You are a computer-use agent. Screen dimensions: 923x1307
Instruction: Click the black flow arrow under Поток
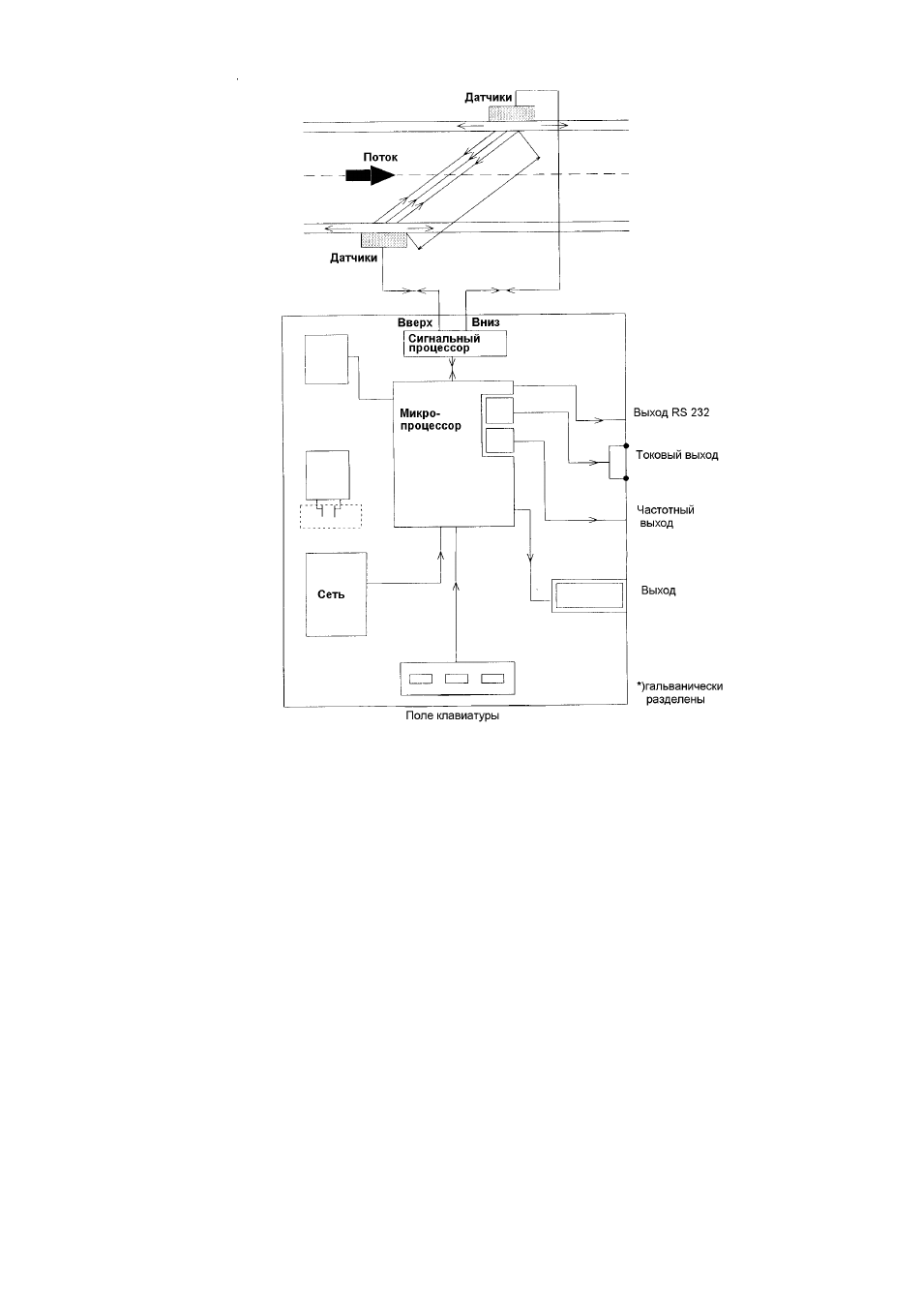pos(371,174)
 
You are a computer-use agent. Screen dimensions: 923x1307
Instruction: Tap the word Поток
pos(380,157)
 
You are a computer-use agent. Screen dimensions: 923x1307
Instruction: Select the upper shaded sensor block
pos(512,113)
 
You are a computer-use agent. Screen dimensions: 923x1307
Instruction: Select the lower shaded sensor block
pos(384,240)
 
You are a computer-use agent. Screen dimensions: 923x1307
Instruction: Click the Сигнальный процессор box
pos(455,343)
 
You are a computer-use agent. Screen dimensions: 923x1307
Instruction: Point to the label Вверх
pos(414,322)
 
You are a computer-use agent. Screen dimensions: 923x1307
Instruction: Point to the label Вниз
pos(485,322)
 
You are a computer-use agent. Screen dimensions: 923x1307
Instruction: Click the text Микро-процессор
pos(431,419)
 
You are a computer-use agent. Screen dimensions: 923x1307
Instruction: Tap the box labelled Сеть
pos(337,594)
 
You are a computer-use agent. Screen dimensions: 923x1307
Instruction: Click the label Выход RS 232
pos(671,412)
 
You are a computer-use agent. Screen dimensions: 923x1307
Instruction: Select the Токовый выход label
pos(676,455)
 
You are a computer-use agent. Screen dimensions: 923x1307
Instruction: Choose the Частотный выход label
pos(666,516)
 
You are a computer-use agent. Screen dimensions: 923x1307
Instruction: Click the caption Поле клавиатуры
pos(452,715)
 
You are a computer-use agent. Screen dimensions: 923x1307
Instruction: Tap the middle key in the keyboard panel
pos(457,679)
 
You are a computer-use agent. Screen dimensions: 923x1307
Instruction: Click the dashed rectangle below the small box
pos(331,516)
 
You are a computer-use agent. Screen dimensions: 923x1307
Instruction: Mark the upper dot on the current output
pos(626,445)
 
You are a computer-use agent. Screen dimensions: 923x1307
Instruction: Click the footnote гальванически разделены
pos(679,692)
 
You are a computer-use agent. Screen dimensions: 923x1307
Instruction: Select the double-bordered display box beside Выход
pos(589,595)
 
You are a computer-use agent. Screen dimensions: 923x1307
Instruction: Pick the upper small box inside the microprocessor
pos(499,410)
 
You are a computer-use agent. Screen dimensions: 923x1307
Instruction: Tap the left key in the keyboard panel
pos(421,679)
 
